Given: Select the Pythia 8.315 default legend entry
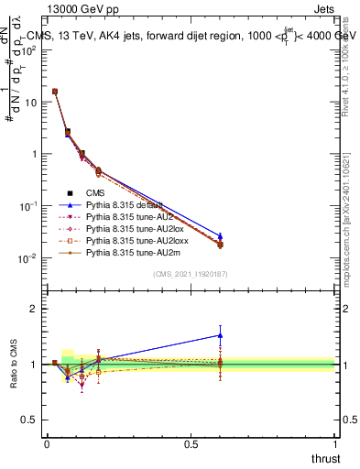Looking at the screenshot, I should click(x=125, y=204).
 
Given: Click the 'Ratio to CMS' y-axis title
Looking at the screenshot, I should click(x=15, y=365).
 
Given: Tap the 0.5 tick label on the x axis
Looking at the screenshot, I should click(x=191, y=443).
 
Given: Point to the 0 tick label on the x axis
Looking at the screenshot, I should click(x=47, y=443).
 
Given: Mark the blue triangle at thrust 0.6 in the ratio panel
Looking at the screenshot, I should click(x=220, y=334).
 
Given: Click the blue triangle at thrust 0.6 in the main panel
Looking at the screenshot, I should click(x=220, y=236).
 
